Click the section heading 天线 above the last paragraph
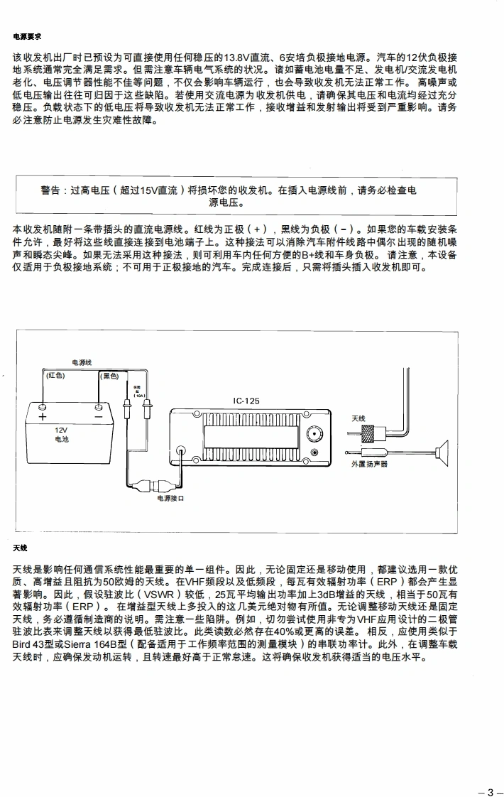20,548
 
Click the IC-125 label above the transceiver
246,401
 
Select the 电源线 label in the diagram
82,363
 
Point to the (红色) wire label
55,375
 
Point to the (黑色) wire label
110,375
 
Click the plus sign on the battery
42,417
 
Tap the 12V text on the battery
62,430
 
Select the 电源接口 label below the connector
170,498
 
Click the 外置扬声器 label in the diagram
369,463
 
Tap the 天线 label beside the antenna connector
358,419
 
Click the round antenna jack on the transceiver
313,435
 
